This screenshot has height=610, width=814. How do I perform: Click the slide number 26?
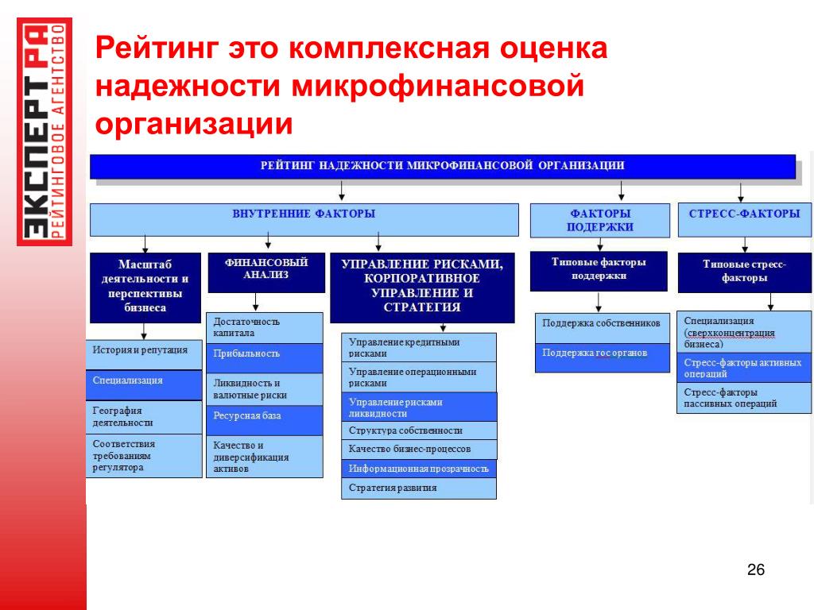pyautogui.click(x=755, y=569)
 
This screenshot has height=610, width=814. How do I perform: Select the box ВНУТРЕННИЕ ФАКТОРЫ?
pyautogui.click(x=304, y=219)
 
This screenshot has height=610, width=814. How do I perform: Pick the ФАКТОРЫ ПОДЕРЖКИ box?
pyautogui.click(x=600, y=220)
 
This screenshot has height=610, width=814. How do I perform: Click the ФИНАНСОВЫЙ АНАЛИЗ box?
pyautogui.click(x=267, y=272)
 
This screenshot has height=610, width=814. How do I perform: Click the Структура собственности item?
pyautogui.click(x=419, y=430)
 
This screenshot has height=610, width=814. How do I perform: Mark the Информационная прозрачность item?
pyautogui.click(x=419, y=469)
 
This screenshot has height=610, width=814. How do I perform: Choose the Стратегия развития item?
pyautogui.click(x=419, y=488)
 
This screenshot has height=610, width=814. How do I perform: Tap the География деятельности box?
pyautogui.click(x=144, y=416)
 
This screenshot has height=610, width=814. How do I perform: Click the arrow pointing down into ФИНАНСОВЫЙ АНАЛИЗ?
pyautogui.click(x=268, y=241)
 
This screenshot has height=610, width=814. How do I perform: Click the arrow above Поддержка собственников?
pyautogui.click(x=599, y=302)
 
